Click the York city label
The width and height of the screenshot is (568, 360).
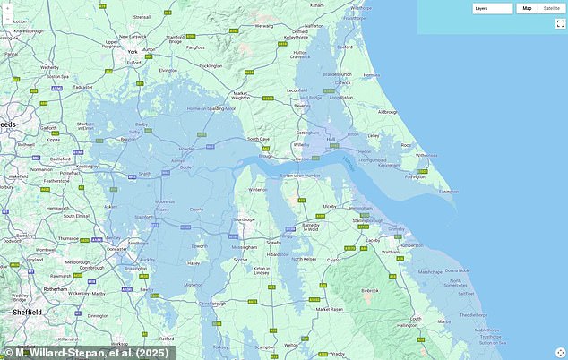132,52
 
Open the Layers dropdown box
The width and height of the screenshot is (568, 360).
493,8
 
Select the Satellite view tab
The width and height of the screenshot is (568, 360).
552,8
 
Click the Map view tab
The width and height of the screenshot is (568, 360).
527,8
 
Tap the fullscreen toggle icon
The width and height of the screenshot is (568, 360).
560,23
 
